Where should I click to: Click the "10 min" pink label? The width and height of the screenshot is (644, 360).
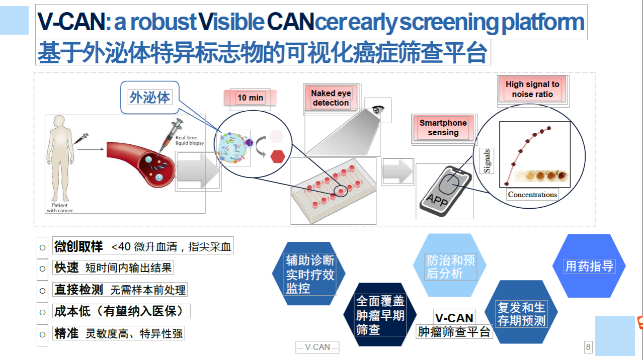click(250, 98)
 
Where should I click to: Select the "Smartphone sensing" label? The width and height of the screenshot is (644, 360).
click(443, 128)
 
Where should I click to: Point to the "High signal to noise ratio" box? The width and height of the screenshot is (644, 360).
click(532, 89)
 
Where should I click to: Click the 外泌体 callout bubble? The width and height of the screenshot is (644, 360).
click(150, 97)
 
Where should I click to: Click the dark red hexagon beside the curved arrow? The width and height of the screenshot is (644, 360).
click(278, 156)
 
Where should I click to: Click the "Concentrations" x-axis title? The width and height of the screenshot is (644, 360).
click(532, 195)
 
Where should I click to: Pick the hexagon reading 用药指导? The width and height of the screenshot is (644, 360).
click(589, 266)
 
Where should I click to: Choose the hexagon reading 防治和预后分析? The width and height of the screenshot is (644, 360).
click(450, 266)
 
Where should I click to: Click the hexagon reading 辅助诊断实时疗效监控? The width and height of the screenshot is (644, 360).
click(309, 274)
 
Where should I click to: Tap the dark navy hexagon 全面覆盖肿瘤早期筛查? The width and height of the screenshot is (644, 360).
click(380, 315)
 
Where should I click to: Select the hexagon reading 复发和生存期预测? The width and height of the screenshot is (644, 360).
click(521, 313)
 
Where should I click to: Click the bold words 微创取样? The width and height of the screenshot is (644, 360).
click(78, 246)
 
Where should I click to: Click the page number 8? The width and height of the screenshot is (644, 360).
click(588, 347)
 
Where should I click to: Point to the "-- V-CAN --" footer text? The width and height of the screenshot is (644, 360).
click(317, 347)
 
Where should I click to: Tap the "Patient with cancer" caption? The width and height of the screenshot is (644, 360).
click(59, 208)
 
